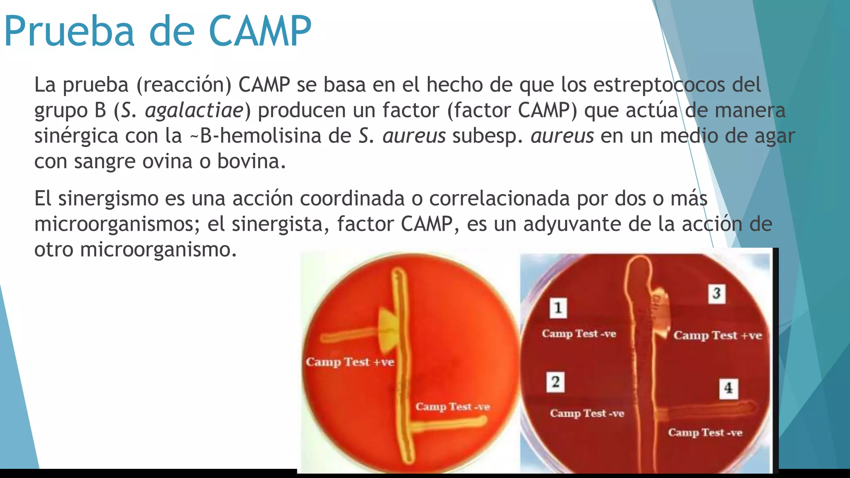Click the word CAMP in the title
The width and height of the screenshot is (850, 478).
[x=260, y=32]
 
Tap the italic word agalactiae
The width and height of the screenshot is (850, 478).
[x=194, y=110]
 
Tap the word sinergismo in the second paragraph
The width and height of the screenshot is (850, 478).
[x=108, y=198]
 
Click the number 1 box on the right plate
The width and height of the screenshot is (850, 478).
[x=558, y=308]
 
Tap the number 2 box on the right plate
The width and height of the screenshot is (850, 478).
[x=555, y=382]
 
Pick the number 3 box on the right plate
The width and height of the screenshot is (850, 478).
[x=716, y=293]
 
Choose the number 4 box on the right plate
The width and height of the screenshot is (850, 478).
[x=728, y=388]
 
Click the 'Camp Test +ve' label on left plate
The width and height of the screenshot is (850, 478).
[x=350, y=362]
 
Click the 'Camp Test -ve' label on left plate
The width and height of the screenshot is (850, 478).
[x=452, y=407]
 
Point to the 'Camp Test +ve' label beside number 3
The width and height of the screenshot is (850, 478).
[x=718, y=335]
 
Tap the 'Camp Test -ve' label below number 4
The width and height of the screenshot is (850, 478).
[x=705, y=433]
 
